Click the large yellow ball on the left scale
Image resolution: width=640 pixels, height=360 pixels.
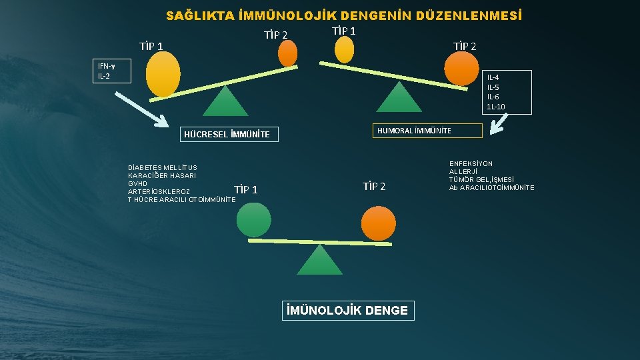[x=163, y=74]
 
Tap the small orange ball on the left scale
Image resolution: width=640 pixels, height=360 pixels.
[x=287, y=53]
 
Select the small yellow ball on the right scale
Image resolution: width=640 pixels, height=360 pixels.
[x=344, y=49]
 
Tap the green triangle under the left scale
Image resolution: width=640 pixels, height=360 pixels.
[x=225, y=102]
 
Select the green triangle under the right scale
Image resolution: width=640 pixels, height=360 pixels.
[x=399, y=97]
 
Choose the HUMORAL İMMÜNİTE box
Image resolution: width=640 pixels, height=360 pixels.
[x=426, y=131]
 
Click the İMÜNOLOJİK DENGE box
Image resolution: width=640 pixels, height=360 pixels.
[x=347, y=311]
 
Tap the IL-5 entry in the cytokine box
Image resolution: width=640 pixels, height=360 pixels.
[x=493, y=87]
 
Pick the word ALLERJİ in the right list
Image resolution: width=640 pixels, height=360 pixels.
[x=465, y=172]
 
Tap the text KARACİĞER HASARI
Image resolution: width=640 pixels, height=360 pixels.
[x=162, y=175]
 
